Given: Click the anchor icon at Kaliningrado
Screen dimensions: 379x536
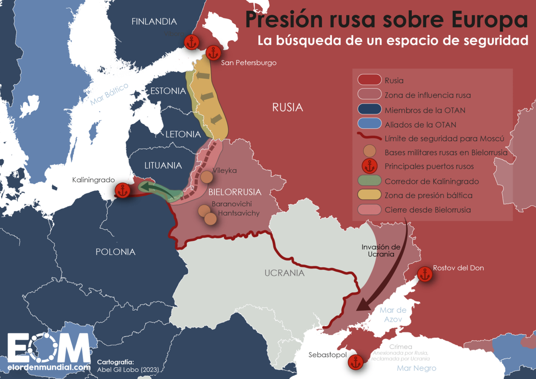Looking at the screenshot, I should (x=122, y=191).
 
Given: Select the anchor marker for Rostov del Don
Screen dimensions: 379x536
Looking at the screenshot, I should (x=423, y=274).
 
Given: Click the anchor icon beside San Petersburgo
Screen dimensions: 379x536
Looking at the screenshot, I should (x=212, y=53).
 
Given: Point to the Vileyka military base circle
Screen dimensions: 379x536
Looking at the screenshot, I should (x=206, y=177).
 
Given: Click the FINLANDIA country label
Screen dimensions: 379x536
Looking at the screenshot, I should (x=154, y=21).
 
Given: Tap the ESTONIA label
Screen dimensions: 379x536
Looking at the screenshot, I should (x=167, y=91).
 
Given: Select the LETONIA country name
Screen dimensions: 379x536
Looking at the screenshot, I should (x=183, y=134).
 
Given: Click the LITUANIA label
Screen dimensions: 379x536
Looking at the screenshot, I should (x=163, y=165).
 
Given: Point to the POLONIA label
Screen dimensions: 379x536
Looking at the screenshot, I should (x=115, y=252).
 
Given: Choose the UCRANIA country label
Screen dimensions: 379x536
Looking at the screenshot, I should (x=284, y=273).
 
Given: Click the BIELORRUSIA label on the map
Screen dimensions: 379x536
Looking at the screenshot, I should (x=234, y=192).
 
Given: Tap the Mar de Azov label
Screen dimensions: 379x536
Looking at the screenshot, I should (x=393, y=315).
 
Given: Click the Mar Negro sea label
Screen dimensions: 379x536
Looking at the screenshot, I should (x=416, y=368).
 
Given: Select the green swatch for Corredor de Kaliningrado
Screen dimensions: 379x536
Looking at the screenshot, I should (x=369, y=181).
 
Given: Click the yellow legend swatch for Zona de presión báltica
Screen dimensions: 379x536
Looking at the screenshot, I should (x=369, y=195).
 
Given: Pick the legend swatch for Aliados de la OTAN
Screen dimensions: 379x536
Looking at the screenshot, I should (x=369, y=124).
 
